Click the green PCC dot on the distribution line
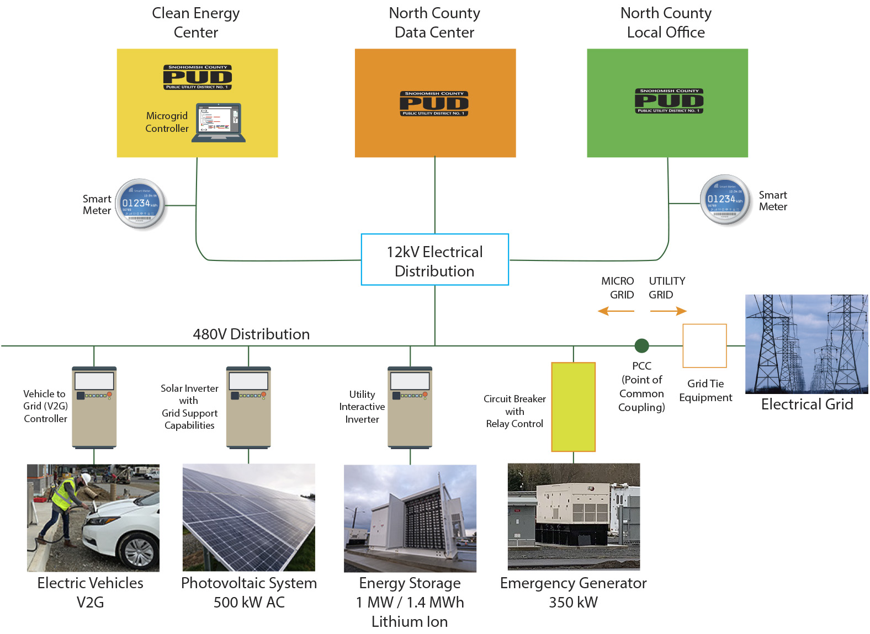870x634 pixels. pos(641,346)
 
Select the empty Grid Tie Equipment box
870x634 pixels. pos(704,346)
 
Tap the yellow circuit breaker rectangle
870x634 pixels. pos(573,407)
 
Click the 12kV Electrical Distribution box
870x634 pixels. pos(434,260)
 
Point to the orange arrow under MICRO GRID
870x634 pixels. pos(616,311)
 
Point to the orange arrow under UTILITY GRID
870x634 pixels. pos(669,311)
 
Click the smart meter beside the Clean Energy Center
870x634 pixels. pos(140,204)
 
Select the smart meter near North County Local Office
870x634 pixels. pos(725,200)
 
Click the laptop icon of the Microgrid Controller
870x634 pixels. pos(219,123)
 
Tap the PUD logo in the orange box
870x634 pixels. pos(434,104)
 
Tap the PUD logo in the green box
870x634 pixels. pos(669,101)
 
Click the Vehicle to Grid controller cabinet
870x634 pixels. pos(94,407)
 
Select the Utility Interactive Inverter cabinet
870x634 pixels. pos(410,407)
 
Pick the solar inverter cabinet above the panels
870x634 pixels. pos(248,407)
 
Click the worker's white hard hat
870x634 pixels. pos(86,477)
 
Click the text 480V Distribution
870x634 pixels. pos(251,334)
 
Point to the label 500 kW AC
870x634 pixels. pos(249,603)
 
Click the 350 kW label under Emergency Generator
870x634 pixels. pos(573,603)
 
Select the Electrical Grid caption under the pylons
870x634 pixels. pos(807,404)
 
